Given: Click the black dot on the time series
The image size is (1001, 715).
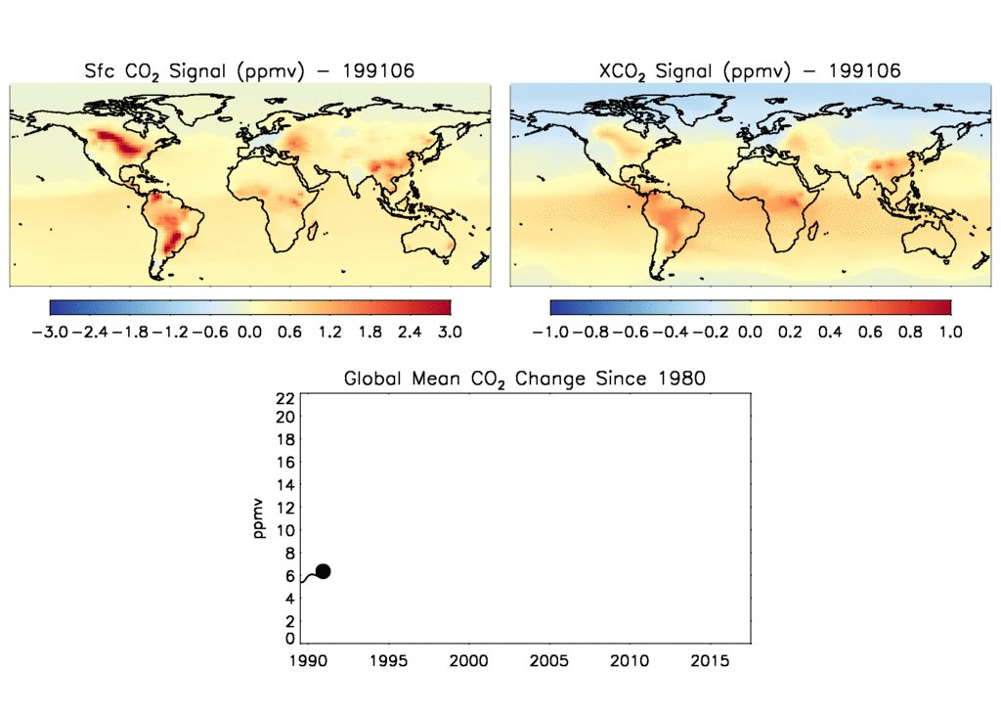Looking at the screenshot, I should pos(323,571).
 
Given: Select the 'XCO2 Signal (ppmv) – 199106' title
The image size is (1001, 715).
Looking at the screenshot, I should pos(749,71).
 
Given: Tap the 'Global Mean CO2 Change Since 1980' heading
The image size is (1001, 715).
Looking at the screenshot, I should pos(524,379).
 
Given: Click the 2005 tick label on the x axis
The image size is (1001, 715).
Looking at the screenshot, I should pos(549,661).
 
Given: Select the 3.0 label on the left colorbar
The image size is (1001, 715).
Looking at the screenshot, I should pos(450,333).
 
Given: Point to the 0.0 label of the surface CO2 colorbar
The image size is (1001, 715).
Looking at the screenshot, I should pos(249,333).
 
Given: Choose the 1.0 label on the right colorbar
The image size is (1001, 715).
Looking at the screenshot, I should pos(950,333).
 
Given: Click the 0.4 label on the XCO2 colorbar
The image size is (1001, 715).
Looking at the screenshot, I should pos(830,333).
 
